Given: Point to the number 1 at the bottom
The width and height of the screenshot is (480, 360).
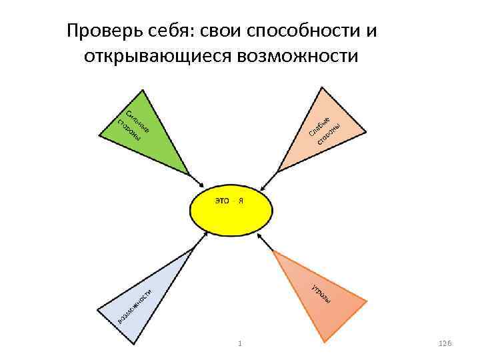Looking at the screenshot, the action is pos(239,343).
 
